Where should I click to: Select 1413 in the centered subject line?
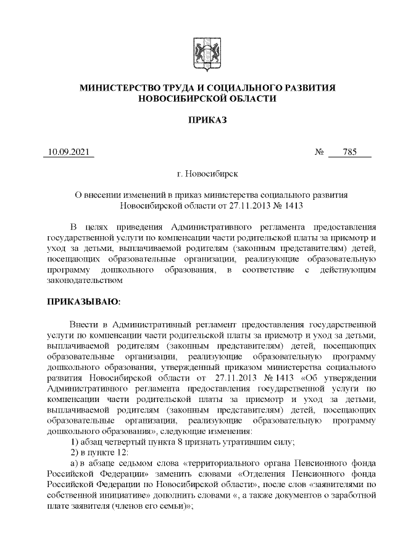click(292, 204)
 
